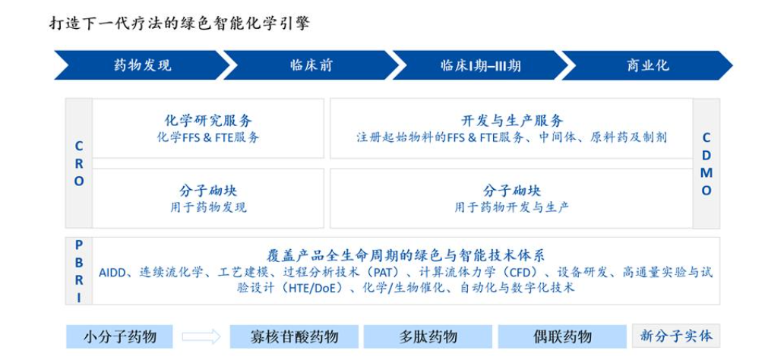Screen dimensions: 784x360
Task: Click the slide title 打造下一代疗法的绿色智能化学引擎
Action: pos(179,23)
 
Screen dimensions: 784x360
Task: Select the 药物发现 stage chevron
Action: pos(142,65)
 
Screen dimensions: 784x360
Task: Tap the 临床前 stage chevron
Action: pos(311,65)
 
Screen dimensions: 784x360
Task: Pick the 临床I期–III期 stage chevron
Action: pos(480,65)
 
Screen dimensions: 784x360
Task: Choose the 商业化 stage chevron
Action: pos(647,65)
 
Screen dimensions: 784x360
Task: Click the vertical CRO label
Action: pos(79,164)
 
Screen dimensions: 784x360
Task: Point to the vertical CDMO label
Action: pos(706,163)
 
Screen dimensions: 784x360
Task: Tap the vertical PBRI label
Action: pos(79,271)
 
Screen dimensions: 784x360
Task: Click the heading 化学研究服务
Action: pos(208,121)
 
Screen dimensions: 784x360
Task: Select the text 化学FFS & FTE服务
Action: pos(208,137)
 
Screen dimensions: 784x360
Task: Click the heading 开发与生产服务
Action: pos(512,121)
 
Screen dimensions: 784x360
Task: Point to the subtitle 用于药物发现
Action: pos(208,207)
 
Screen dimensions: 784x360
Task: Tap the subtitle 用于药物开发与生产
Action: pos(511,207)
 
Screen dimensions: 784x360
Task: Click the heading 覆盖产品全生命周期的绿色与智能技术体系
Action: pos(406,255)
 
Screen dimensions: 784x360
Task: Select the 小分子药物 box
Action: pos(119,336)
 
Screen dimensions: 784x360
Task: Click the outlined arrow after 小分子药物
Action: pos(201,336)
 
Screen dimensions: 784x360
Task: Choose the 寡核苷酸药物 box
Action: pos(294,336)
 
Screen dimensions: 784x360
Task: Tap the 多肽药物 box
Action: pos(428,336)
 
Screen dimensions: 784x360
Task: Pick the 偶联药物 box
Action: pos(562,336)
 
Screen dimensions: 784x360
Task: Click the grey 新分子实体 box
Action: pos(676,336)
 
